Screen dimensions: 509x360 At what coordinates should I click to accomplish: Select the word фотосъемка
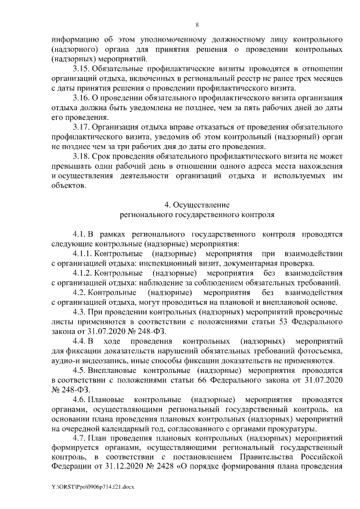(x=319, y=351)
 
